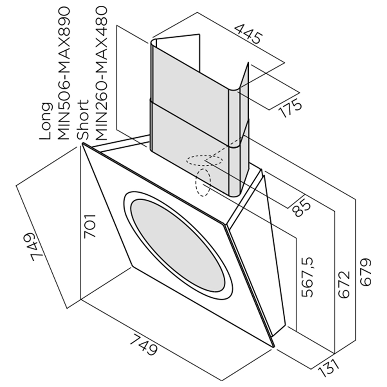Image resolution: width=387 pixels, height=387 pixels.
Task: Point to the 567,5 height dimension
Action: (307, 277)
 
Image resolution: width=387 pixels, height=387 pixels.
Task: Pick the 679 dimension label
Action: (366, 272)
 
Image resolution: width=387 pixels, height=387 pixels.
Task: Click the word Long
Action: (46, 121)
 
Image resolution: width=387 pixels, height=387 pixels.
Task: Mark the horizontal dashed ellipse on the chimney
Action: (205, 161)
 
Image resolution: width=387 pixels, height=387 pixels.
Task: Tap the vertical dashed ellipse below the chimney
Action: (203, 183)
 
